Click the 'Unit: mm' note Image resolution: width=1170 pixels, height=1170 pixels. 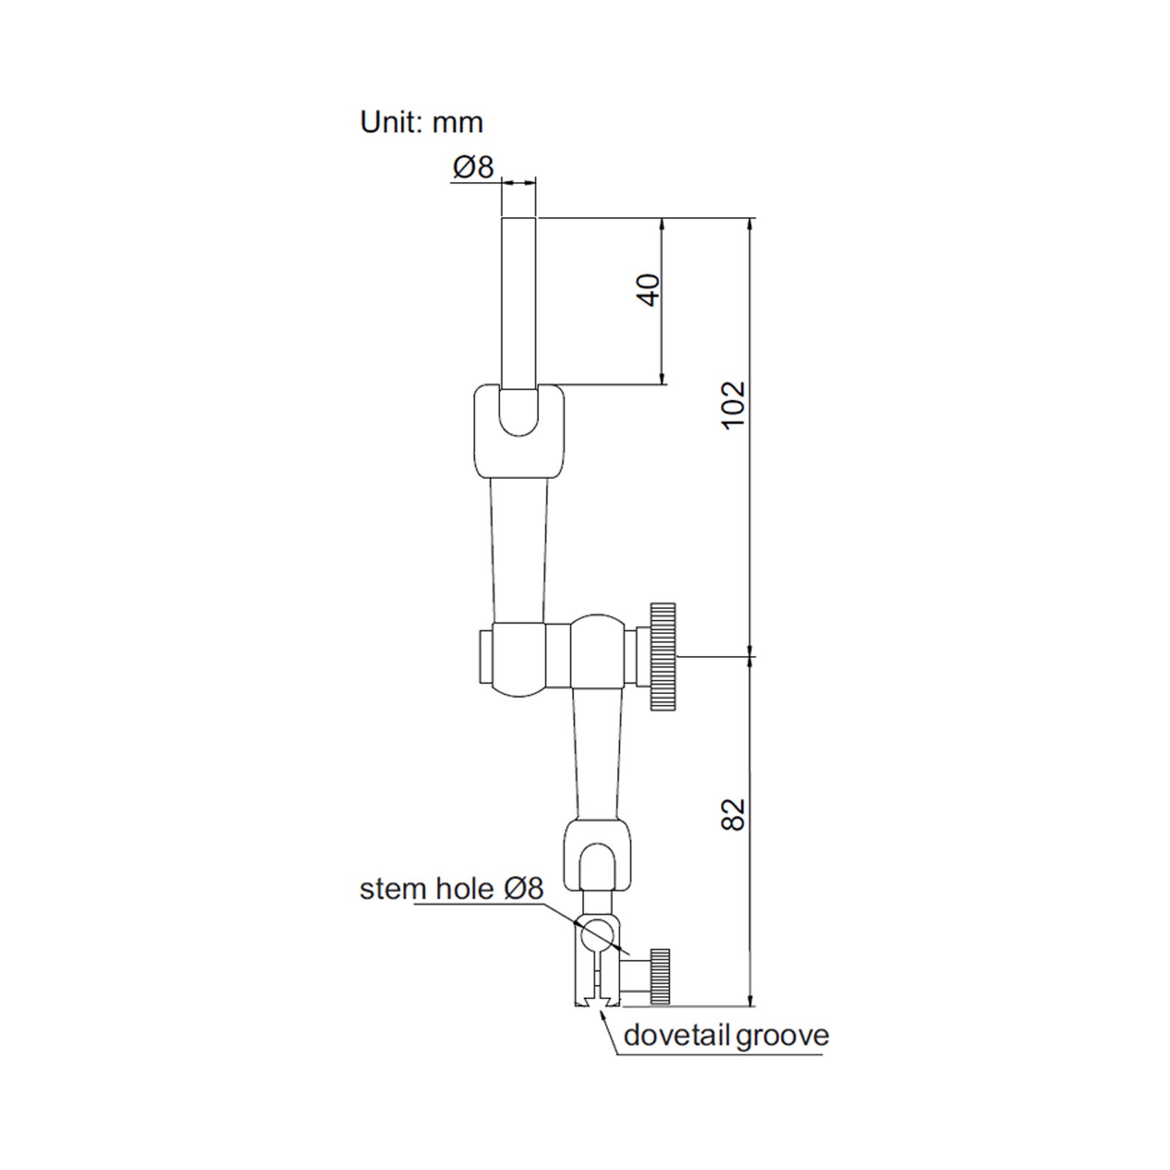[421, 122]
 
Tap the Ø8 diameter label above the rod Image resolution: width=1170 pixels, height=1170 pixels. [473, 167]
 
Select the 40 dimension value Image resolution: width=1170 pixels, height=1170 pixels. [648, 290]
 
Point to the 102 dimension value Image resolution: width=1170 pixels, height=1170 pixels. [733, 404]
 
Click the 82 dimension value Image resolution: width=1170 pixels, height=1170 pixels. [733, 814]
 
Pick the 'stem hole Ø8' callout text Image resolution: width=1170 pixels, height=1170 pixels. [452, 889]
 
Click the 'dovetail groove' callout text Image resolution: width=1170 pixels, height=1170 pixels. [726, 1035]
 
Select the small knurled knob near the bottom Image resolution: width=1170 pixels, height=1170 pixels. [660, 976]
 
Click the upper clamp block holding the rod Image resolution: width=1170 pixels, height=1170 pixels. [519, 431]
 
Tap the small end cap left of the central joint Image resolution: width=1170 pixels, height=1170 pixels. [485, 655]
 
